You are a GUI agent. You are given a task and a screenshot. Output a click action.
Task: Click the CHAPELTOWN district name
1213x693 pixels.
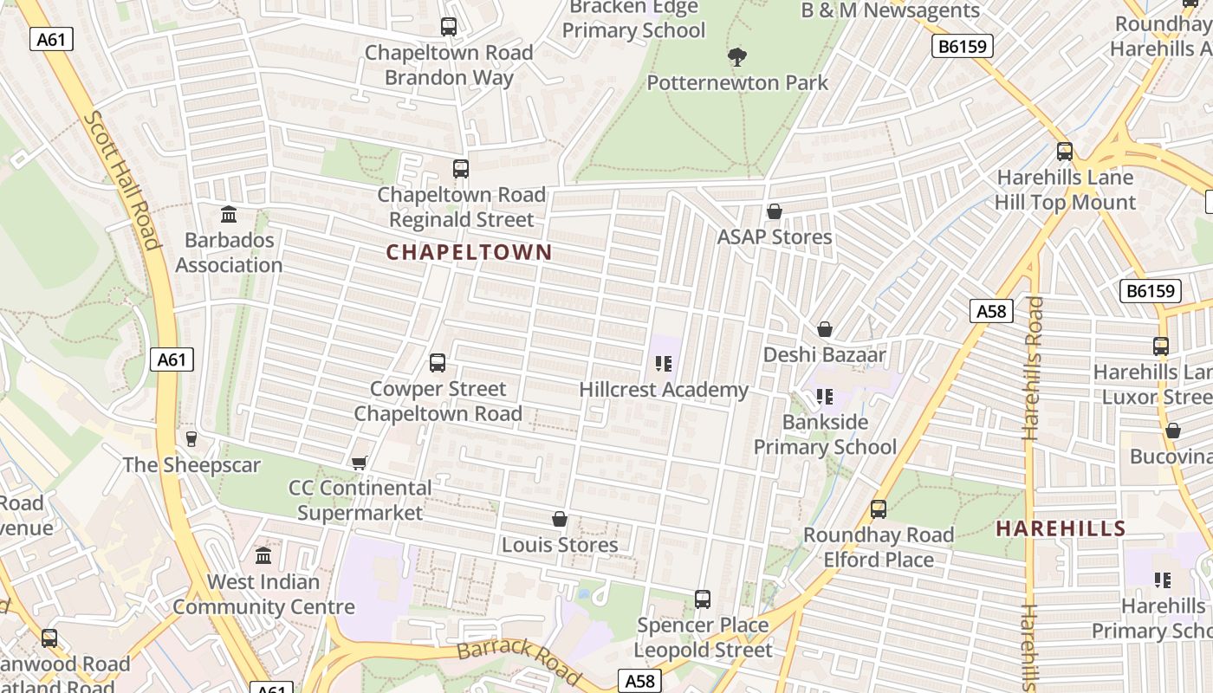coord(469,252)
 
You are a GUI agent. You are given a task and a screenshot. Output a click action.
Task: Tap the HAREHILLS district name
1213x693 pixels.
coord(1061,528)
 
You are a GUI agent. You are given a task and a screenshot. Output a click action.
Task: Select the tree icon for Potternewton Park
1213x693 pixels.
coord(737,57)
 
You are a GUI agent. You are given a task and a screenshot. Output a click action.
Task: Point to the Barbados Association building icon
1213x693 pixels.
coord(229,214)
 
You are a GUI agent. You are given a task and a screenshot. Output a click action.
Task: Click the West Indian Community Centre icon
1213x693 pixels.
coord(263,555)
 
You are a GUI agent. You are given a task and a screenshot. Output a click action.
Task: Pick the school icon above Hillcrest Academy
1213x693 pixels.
coord(664,364)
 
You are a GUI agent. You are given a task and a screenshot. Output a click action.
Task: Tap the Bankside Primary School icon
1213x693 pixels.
coord(824,397)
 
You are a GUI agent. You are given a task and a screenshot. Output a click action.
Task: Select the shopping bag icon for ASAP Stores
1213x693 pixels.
coord(775,211)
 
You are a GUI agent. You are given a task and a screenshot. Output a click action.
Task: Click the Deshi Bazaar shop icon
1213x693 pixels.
coord(825,329)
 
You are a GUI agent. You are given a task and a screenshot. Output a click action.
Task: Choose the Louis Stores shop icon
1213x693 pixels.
coord(560,519)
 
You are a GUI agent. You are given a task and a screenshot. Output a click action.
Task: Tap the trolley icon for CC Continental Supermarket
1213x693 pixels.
coord(360,463)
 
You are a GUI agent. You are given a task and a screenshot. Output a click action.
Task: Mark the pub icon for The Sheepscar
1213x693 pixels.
coord(191,439)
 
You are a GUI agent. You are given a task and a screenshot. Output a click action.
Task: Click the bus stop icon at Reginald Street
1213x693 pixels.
coord(461,169)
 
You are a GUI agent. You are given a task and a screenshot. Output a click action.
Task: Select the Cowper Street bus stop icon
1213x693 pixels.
coord(438,363)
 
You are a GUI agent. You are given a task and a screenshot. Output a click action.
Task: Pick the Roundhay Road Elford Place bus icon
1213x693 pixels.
coord(879,509)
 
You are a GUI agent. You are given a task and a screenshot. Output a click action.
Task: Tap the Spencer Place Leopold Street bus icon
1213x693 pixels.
coord(703,599)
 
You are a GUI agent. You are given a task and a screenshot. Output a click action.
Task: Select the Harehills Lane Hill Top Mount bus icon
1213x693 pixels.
coord(1065,152)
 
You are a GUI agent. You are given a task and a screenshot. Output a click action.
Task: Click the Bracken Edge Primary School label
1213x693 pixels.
coord(633,19)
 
